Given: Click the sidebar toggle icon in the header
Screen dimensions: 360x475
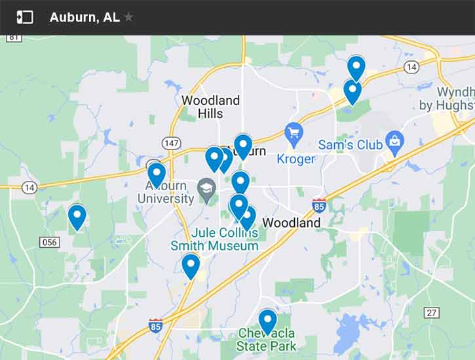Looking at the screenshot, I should click(25, 17).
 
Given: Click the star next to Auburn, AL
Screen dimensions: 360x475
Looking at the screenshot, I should click(128, 17).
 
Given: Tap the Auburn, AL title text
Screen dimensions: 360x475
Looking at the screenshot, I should click(85, 17).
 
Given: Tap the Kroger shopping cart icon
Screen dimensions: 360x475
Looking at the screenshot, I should click(294, 136).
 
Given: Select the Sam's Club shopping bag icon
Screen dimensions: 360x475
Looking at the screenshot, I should click(395, 140).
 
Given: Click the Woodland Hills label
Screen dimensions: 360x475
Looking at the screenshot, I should click(210, 107).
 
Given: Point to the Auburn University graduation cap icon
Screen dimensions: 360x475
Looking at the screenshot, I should click(208, 188).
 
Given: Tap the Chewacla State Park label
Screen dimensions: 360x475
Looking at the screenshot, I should click(267, 340).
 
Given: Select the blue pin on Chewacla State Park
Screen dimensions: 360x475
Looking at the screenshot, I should click(267, 321).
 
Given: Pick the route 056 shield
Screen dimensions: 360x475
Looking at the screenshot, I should click(49, 242).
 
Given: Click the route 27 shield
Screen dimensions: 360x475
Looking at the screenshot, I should click(431, 312).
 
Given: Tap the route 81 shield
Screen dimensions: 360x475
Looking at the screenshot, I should click(14, 37).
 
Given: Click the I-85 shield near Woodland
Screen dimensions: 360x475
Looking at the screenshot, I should click(319, 205).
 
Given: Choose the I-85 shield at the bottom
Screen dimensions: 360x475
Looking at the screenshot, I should click(155, 325).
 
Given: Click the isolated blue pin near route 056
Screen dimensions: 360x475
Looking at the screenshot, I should click(77, 216).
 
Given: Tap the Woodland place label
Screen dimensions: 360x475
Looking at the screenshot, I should click(292, 223).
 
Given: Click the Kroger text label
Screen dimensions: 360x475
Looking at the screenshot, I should click(295, 159).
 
